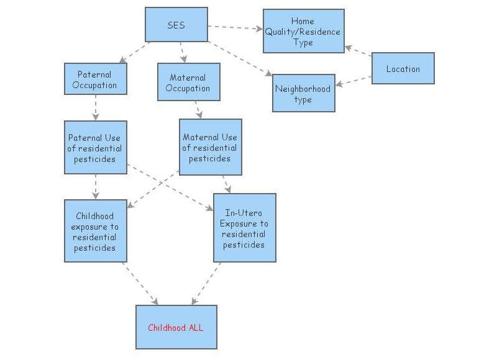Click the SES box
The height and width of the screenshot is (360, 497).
tap(176, 25)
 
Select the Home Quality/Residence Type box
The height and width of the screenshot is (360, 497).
tap(303, 31)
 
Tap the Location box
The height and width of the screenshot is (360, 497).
tap(403, 68)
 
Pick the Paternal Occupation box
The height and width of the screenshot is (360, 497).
tap(95, 79)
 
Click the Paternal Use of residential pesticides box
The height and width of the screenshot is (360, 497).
tap(95, 148)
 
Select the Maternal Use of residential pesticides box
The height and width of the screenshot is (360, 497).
tap(210, 148)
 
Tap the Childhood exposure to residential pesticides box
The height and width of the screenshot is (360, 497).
tap(95, 231)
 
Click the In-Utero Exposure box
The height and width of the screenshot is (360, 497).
tap(244, 228)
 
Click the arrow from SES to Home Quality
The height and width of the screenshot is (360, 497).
tap(235, 28)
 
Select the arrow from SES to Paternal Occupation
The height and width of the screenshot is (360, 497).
tap(135, 52)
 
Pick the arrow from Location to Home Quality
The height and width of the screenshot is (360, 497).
tap(358, 54)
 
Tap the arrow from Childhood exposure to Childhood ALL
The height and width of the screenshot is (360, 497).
tap(140, 283)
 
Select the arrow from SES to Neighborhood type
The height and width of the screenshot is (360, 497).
tap(241, 59)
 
